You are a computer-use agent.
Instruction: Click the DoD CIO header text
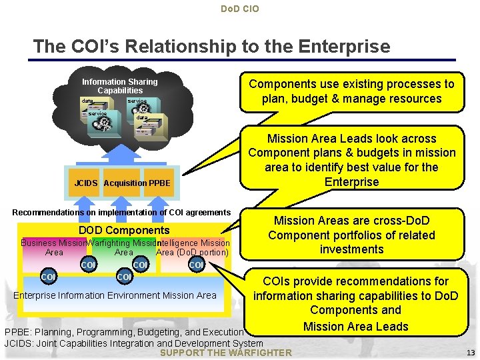tap(240, 9)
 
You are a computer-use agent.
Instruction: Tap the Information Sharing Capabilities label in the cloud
tap(120, 86)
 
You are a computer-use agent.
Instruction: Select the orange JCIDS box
tap(87, 183)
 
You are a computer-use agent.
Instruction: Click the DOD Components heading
tap(124, 230)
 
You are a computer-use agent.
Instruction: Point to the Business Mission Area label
tap(53, 247)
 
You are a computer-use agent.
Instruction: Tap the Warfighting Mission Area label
tap(124, 247)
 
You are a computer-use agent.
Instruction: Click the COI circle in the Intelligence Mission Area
tap(197, 265)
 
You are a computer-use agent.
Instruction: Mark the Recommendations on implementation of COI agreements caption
tap(121, 213)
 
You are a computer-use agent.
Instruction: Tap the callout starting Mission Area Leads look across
tap(352, 160)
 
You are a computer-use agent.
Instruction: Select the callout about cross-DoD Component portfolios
tap(352, 235)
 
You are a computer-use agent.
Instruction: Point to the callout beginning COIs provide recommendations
tap(355, 303)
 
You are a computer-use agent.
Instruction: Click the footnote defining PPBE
tap(124, 332)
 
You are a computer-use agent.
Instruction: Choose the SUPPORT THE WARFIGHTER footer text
tap(227, 353)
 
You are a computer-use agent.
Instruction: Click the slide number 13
tap(471, 353)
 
